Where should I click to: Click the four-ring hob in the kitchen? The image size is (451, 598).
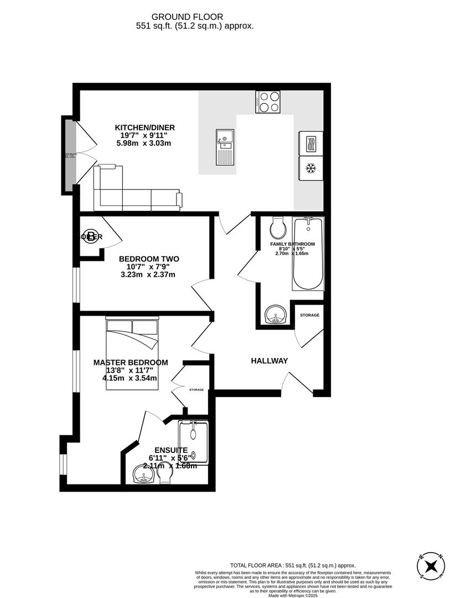268,101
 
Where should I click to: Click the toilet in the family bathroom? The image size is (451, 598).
278,227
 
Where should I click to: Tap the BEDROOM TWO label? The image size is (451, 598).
149,259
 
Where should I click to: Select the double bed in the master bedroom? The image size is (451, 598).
132,353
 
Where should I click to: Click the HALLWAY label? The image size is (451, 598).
269,361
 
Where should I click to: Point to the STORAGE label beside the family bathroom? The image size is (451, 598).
309,315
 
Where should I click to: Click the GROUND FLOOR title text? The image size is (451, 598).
195,16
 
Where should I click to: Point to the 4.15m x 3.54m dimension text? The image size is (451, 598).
129,379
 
